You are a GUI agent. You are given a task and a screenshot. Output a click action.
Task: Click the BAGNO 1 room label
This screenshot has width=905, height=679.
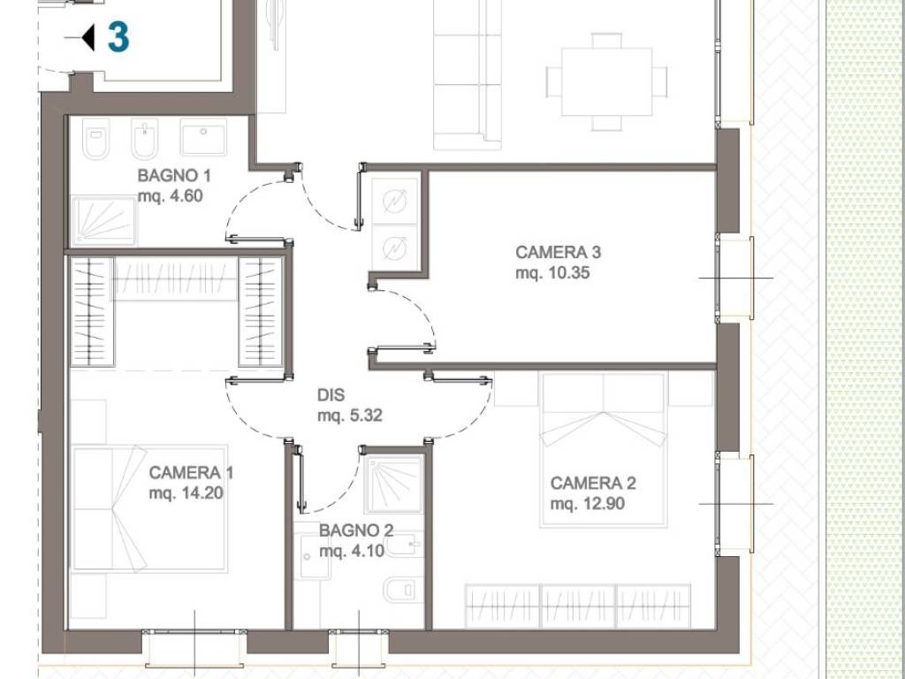pos(174,176)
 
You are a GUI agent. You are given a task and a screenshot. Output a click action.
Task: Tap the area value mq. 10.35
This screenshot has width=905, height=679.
pos(552,272)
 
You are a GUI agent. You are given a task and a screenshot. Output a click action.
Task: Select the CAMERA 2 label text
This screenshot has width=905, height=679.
pos(593,484)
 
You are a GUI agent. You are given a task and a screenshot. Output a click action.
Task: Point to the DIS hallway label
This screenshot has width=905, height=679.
pos(331,395)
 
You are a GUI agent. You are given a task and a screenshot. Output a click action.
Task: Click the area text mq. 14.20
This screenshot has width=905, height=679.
pos(186,493)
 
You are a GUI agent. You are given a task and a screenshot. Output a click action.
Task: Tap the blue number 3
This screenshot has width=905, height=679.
pos(118,37)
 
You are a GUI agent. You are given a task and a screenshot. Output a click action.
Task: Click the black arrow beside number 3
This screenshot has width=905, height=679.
pos(87,37)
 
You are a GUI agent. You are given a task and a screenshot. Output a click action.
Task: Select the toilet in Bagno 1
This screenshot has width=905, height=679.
pos(95,139)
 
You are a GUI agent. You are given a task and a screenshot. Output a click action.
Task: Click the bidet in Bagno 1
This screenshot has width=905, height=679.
pos(144,139)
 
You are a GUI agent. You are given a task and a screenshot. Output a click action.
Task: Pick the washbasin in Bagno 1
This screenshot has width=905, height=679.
pos(203,137)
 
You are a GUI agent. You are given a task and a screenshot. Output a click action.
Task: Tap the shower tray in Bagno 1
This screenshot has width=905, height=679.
pos(104,220)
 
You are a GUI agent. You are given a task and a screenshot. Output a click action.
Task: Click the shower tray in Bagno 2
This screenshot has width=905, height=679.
pos(394,484)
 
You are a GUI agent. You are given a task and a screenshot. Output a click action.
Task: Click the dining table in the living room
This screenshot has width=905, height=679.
pos(606,82)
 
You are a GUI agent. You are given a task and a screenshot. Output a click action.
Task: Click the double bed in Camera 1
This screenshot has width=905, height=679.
pos(149,508)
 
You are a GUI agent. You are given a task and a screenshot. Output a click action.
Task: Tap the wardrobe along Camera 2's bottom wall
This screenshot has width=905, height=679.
pos(578,607)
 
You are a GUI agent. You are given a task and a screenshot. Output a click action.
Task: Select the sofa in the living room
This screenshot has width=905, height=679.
pos(467,75)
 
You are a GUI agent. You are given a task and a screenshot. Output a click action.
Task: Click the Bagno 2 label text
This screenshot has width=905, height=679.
pos(356,530)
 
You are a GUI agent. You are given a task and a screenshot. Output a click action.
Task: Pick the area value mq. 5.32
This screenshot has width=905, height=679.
pos(350,416)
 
